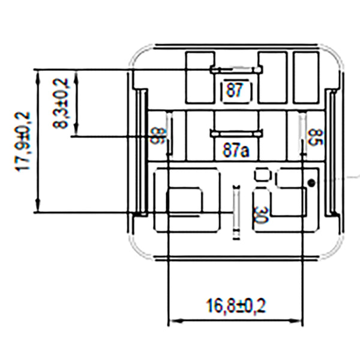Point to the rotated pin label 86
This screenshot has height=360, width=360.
point(157,137)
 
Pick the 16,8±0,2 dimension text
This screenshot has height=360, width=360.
point(236,307)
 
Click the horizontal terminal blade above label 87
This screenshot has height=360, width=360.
point(235,70)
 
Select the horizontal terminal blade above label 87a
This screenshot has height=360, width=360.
point(235,132)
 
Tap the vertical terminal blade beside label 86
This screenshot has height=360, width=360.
point(169,134)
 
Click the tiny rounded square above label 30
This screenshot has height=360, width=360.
point(262,175)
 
